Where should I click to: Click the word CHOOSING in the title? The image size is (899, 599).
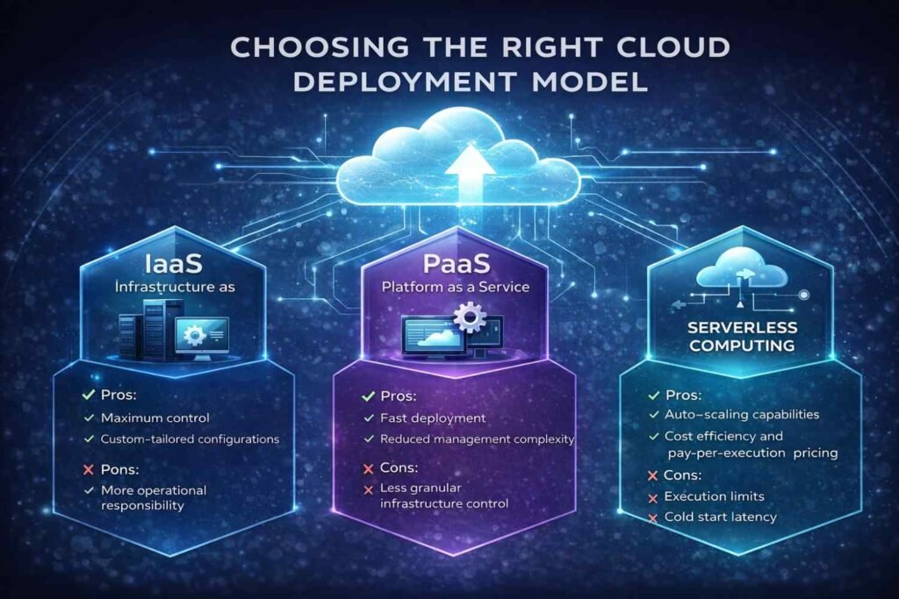(x=320, y=47)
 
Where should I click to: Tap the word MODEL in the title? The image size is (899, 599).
(x=589, y=82)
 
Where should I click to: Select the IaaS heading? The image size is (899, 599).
(x=173, y=264)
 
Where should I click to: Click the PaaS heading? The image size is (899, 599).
(x=457, y=264)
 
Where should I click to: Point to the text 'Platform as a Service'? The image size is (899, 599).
(x=456, y=287)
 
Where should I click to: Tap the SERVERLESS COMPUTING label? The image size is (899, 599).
(x=742, y=336)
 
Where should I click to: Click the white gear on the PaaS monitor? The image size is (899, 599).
(x=470, y=317)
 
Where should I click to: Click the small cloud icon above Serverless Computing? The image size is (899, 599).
(x=741, y=268)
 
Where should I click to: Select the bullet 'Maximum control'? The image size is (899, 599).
(x=155, y=418)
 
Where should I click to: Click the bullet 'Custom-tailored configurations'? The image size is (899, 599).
(x=190, y=439)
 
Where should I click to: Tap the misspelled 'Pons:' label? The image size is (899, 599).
(x=119, y=469)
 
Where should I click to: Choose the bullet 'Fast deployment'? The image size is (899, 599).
(x=433, y=418)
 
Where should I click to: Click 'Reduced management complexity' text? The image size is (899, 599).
(x=477, y=439)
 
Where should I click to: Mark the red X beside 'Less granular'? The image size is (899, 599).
(x=368, y=490)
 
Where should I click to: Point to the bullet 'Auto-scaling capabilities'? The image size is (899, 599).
(x=742, y=415)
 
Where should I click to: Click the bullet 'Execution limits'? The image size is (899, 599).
(x=714, y=496)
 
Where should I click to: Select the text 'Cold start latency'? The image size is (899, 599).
(x=720, y=517)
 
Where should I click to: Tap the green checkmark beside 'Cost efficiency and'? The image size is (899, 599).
(x=653, y=437)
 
